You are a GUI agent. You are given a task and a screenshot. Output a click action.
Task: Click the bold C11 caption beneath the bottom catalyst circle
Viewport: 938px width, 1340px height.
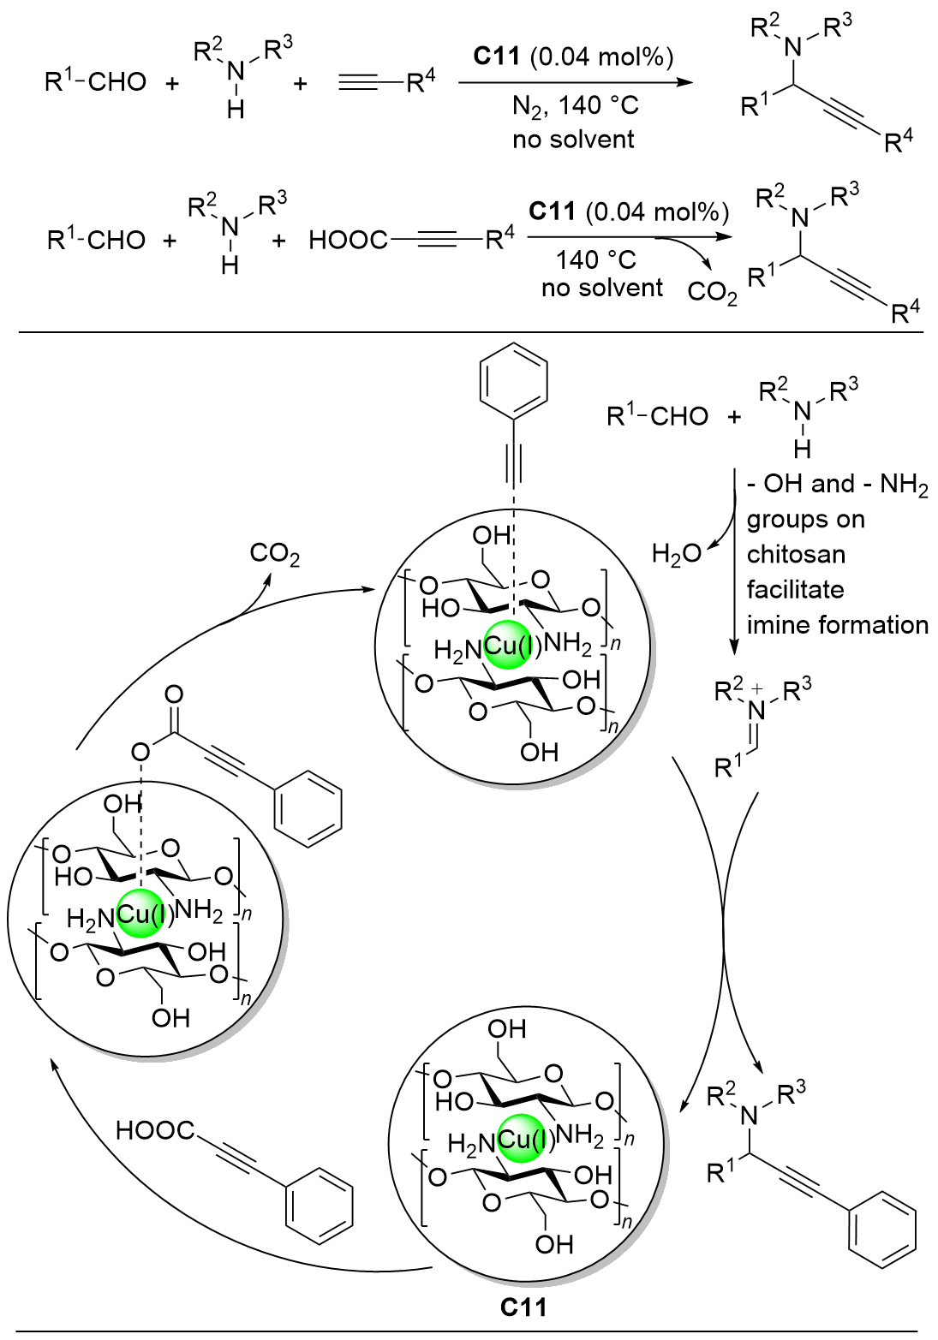[x=523, y=1307]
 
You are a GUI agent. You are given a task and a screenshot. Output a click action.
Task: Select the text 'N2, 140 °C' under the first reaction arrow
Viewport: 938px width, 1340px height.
[x=575, y=106]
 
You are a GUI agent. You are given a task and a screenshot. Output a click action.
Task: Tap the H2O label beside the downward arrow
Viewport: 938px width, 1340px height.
[x=676, y=554]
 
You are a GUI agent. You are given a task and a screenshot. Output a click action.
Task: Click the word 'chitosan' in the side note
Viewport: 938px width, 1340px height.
[x=796, y=555]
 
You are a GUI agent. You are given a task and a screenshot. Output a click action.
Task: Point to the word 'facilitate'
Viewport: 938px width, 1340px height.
[x=795, y=590]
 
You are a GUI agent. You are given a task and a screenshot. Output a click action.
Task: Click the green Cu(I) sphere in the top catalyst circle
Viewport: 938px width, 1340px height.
[x=513, y=646]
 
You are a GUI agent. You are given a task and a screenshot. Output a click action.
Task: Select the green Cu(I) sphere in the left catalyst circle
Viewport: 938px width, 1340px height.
[x=145, y=915]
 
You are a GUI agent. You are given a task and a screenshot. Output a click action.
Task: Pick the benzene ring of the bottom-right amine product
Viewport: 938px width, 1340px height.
[x=882, y=1230]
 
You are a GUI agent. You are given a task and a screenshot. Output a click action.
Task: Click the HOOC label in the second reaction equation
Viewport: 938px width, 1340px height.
[x=348, y=241]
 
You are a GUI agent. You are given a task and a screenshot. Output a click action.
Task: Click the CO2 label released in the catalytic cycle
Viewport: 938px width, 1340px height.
[x=274, y=555]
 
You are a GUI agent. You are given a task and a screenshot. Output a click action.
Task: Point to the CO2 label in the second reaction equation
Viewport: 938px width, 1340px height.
[x=712, y=293]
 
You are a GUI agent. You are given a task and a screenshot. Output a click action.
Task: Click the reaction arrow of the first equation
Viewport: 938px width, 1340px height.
[x=574, y=82]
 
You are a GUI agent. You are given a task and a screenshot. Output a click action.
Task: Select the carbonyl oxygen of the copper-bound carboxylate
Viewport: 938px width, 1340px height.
[x=174, y=694]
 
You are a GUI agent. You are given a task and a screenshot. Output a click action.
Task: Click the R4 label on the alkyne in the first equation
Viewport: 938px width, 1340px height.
[x=421, y=82]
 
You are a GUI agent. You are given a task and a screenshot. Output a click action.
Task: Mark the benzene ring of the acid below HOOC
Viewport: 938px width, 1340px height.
[x=319, y=1205]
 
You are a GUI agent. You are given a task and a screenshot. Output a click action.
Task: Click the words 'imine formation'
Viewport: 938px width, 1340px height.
[x=837, y=625]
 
